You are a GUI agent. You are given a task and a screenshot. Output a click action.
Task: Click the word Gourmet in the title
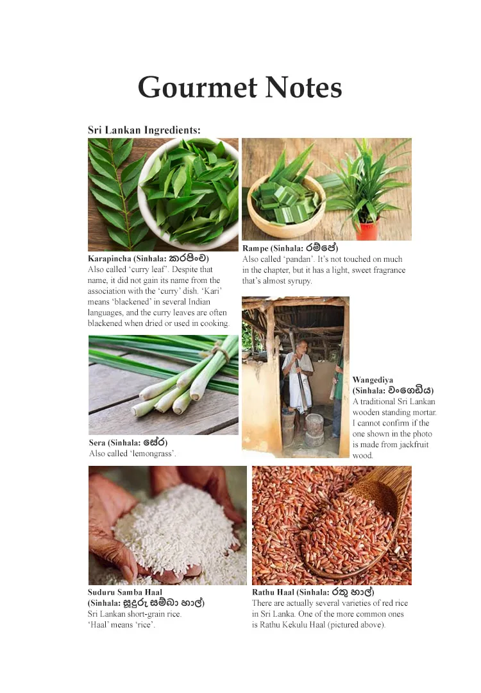197,87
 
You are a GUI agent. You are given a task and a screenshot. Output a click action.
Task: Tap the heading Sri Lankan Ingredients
144,130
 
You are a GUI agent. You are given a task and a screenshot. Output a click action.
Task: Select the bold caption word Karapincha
110,259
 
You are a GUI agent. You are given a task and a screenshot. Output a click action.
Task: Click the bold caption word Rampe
255,248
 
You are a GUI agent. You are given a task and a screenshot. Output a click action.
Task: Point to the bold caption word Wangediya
373,380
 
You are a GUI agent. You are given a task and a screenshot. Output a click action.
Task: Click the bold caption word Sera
97,443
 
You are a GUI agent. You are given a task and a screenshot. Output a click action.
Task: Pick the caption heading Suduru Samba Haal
125,592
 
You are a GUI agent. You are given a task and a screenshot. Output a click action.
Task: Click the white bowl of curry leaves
189,193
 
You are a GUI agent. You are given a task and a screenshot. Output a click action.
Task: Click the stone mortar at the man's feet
314,429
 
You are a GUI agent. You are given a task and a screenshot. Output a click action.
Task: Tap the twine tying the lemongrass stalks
221,352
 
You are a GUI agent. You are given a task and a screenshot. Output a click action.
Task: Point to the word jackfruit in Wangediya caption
412,445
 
